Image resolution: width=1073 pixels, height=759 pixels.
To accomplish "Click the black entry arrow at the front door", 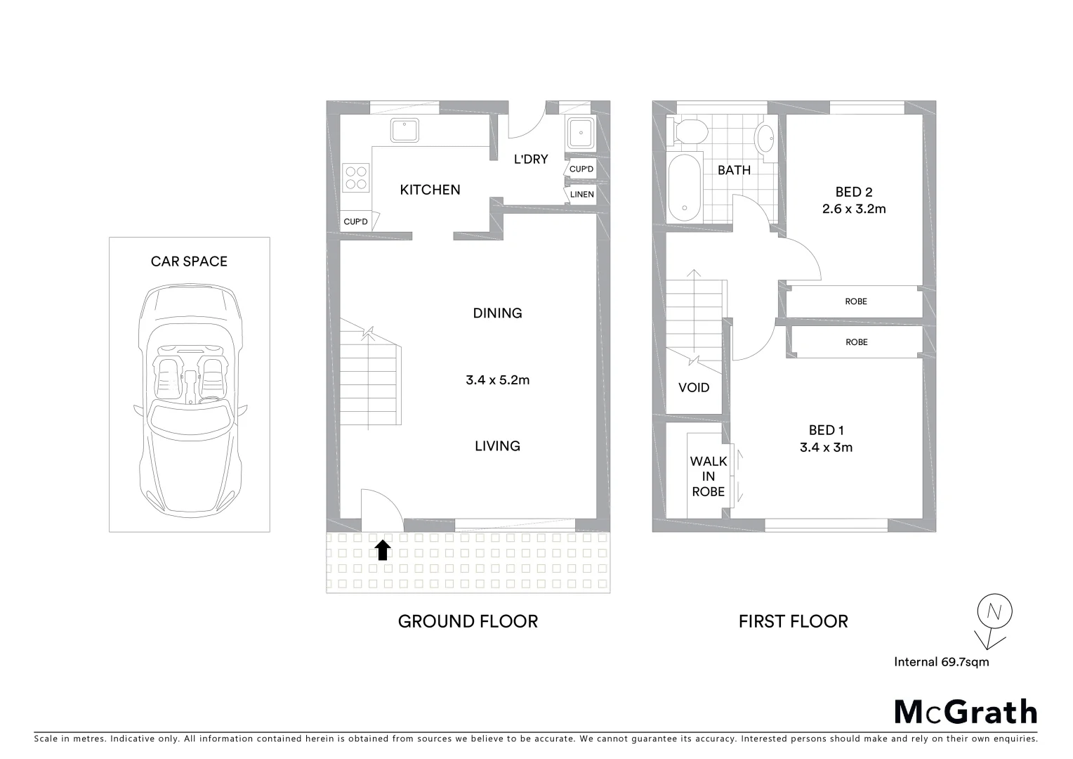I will point(382,550).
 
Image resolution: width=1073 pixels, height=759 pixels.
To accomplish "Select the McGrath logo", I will point(965,712).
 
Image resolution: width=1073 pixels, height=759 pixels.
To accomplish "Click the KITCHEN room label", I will point(430,190).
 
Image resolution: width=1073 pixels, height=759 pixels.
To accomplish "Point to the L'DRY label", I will point(531,160).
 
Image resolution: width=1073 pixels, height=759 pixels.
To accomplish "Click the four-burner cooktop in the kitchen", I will point(356,176).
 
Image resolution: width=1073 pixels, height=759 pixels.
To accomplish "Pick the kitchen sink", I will point(405,131).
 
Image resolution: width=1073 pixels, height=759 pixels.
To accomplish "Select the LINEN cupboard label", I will point(581,195).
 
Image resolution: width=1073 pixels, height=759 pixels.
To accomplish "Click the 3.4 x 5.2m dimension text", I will point(497,380).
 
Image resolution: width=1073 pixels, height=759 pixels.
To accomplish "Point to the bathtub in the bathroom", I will point(684,186).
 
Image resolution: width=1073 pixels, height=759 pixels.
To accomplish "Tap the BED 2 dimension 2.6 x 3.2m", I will point(853,209).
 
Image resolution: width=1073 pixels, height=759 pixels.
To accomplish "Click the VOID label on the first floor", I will point(694,387).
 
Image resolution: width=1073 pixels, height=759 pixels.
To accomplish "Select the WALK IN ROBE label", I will point(708,476).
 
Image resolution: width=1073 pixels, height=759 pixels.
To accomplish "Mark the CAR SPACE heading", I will point(189,261).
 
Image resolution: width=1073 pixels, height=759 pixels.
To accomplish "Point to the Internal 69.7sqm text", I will point(941,661).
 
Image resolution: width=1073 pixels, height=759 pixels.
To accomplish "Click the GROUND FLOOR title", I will point(468,621).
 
